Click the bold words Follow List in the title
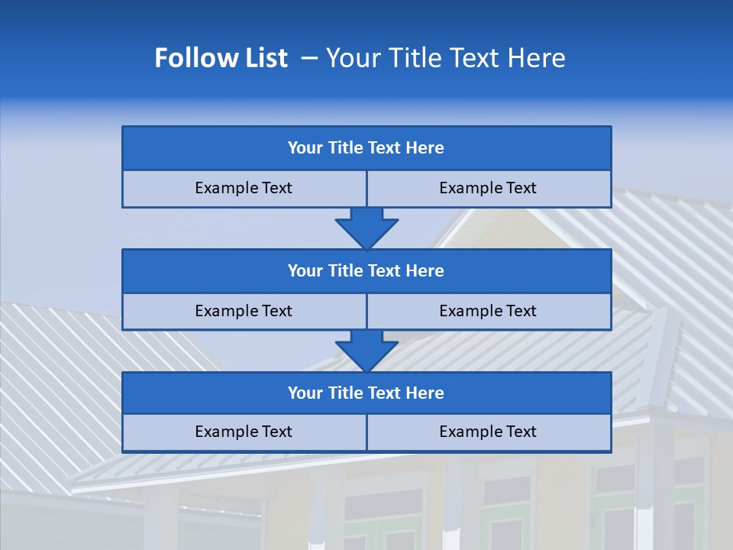pos(221,58)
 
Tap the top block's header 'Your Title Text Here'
pos(366,148)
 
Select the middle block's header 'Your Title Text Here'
pos(366,270)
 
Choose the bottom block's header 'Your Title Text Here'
pos(366,393)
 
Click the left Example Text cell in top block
pos(244,188)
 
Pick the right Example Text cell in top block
pos(488,188)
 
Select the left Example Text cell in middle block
pos(244,311)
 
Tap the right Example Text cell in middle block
pos(488,311)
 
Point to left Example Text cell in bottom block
pos(244,432)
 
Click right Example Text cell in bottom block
pos(488,432)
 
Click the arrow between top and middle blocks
pos(366,228)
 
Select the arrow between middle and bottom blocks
pos(366,351)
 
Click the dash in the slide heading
pos(309,58)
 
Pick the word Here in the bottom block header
pos(425,393)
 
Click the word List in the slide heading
pos(264,58)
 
